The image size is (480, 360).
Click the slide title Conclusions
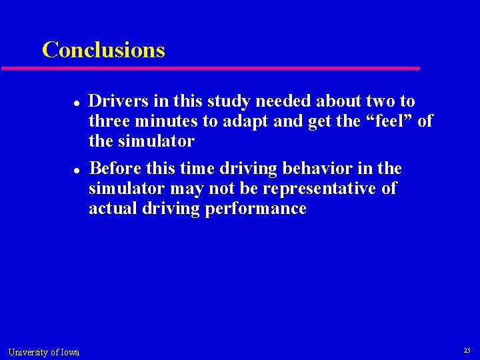click(103, 50)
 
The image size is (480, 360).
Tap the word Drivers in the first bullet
click(117, 101)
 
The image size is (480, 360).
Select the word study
click(226, 101)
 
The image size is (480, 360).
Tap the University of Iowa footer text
click(44, 352)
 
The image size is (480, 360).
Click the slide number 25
click(467, 351)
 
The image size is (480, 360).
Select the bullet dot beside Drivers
click(77, 103)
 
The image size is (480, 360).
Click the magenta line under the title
click(210, 68)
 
